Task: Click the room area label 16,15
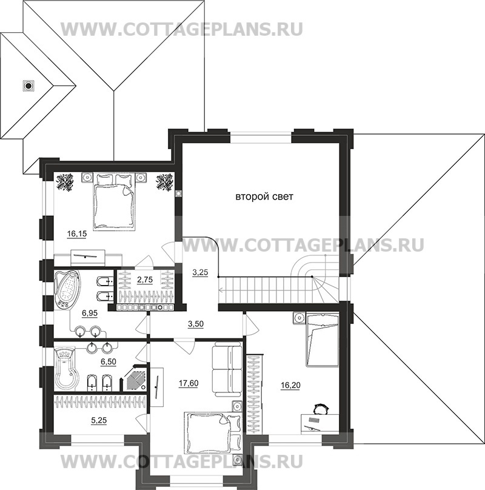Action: coord(76,233)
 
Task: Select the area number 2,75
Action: coord(145,280)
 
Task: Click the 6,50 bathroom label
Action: coord(108,361)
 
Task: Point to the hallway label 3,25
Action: coord(200,272)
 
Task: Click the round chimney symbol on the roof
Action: coord(27,86)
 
